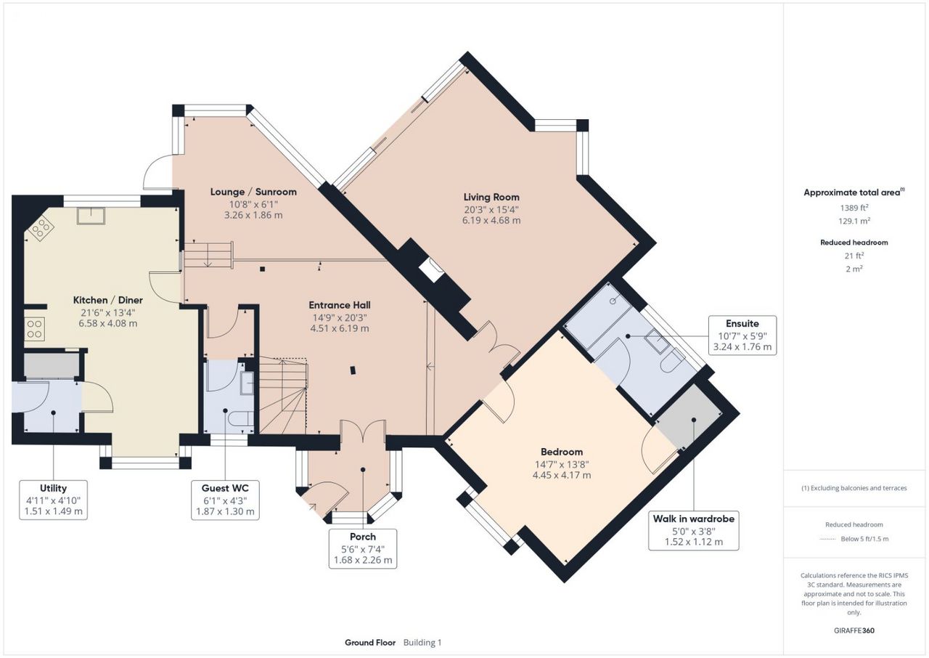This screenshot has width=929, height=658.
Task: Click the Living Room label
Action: click(491, 197)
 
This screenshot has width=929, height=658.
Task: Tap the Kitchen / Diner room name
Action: click(108, 300)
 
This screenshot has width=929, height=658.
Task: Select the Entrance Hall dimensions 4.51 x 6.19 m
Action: click(339, 328)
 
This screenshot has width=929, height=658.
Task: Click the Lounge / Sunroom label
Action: click(253, 192)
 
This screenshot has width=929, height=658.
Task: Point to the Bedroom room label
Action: click(562, 452)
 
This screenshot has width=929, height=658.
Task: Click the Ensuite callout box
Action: click(742, 336)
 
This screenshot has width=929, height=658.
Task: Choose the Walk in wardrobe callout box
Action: click(693, 531)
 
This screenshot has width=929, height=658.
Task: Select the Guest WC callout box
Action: click(225, 500)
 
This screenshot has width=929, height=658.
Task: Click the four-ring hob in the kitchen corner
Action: click(41, 228)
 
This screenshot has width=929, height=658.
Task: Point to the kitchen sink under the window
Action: click(91, 216)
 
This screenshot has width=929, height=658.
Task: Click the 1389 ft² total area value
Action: click(854, 208)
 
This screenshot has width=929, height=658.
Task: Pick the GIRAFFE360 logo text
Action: click(854, 630)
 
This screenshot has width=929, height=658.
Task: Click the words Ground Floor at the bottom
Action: click(370, 643)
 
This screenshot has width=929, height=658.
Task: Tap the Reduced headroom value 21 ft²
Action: click(854, 256)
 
